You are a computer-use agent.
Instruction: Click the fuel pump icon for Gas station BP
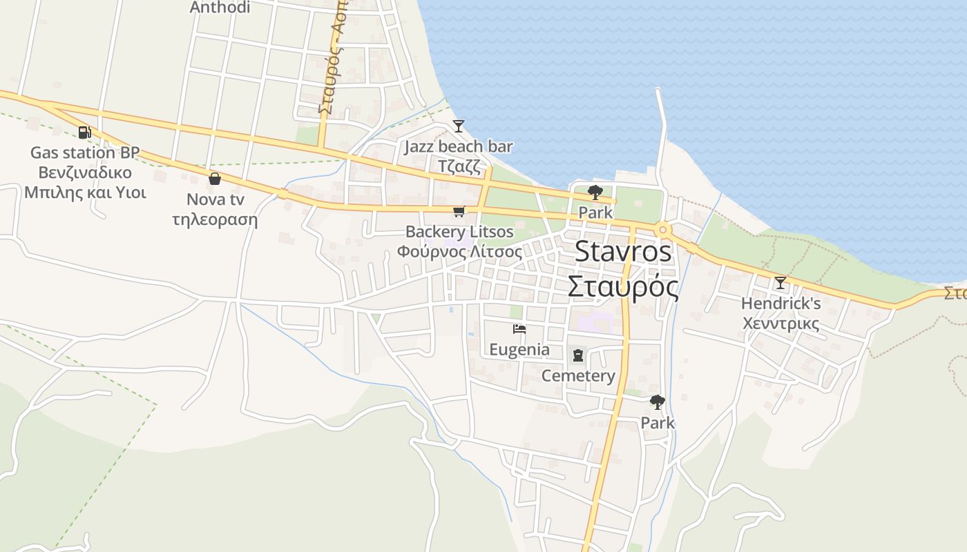click(84, 132)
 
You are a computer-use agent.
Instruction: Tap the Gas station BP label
click(84, 152)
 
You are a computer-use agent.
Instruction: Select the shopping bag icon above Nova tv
click(215, 179)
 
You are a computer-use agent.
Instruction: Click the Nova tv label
click(215, 199)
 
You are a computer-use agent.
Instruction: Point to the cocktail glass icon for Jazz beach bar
click(458, 126)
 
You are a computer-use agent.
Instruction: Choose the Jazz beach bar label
click(458, 146)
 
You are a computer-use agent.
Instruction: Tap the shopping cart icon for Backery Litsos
click(459, 211)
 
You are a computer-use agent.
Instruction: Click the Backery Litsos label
click(459, 231)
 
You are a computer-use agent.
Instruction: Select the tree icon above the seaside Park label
click(595, 193)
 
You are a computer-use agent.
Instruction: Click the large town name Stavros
click(622, 251)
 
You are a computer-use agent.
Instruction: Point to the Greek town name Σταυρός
click(622, 286)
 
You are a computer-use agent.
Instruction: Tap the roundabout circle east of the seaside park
click(662, 230)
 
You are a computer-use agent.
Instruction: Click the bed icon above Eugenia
click(519, 329)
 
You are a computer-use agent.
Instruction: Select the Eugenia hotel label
click(519, 349)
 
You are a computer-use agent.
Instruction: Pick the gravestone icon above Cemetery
click(577, 355)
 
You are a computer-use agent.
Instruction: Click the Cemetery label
click(577, 375)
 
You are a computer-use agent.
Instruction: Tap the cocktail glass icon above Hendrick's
click(781, 283)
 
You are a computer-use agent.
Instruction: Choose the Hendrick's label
click(781, 303)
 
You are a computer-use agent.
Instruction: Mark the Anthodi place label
click(220, 8)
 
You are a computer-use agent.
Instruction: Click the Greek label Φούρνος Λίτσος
click(459, 252)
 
